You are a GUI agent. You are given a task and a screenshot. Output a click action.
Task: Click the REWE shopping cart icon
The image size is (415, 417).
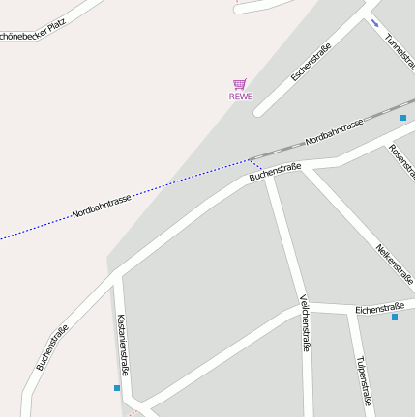coord(240,84)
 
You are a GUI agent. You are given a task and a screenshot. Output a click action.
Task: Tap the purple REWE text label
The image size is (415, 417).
coord(240,97)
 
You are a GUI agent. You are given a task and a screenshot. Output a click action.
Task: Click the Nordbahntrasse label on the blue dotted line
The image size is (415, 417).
coord(102,206)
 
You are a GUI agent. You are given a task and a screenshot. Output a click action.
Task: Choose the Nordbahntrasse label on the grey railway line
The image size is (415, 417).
coord(334,132)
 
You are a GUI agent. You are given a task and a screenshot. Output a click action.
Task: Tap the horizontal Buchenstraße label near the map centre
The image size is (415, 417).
coord(275,172)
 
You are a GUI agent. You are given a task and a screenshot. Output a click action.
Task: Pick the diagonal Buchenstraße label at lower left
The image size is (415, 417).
coord(52,347)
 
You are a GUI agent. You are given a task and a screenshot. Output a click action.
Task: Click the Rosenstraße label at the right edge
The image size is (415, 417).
coord(400,165)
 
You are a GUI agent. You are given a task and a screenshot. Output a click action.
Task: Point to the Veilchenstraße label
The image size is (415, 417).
coord(305,322)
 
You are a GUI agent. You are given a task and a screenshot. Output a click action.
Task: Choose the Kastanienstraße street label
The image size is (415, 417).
coord(123,345)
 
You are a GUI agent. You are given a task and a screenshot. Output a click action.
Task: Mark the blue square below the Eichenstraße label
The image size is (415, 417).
coord(395,317)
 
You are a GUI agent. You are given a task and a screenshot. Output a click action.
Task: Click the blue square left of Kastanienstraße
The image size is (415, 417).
coord(117,388)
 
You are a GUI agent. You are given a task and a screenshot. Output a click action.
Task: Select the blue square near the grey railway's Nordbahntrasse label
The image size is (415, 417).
coord(403,117)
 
